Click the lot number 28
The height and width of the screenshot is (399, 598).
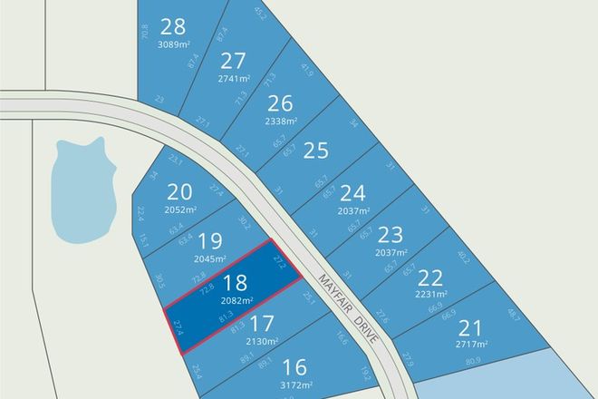pyautogui.click(x=171, y=26)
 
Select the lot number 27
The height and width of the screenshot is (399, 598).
pyautogui.click(x=233, y=62)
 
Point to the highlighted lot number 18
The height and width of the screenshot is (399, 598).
pyautogui.click(x=235, y=283)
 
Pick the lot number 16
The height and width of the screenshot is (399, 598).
pyautogui.click(x=294, y=367)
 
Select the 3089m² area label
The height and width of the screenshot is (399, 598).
pyautogui.click(x=172, y=44)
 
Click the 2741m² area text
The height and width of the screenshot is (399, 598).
pyautogui.click(x=233, y=79)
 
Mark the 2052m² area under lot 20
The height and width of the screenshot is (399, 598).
pyautogui.click(x=181, y=209)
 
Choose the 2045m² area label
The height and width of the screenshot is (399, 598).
pyautogui.click(x=210, y=258)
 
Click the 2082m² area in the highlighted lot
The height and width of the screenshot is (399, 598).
pyautogui.click(x=235, y=300)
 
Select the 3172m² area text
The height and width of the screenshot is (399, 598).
pyautogui.click(x=294, y=384)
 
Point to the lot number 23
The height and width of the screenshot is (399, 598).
pyautogui.click(x=391, y=234)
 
